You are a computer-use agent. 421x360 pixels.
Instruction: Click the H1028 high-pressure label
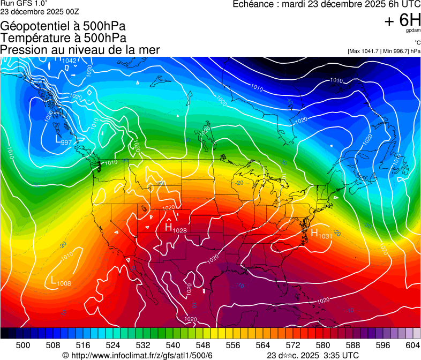pyautogui.click(x=175, y=229)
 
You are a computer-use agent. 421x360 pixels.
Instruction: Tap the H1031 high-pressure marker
pyautogui.click(x=321, y=234)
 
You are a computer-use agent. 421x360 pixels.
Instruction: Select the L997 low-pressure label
pyautogui.click(x=63, y=140)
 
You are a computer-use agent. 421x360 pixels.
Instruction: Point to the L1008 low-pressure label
pyautogui.click(x=61, y=281)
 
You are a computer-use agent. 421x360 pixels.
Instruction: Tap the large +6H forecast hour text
pyautogui.click(x=402, y=21)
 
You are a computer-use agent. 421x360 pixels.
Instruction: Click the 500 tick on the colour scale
pyautogui.click(x=23, y=345)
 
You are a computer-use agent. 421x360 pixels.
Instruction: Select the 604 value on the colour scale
pyautogui.click(x=412, y=345)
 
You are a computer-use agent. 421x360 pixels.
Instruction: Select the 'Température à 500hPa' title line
pyautogui.click(x=63, y=38)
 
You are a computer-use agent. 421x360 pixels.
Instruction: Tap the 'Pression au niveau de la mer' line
pyautogui.click(x=80, y=50)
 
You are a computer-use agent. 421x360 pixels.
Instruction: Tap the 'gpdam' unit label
pyautogui.click(x=414, y=32)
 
